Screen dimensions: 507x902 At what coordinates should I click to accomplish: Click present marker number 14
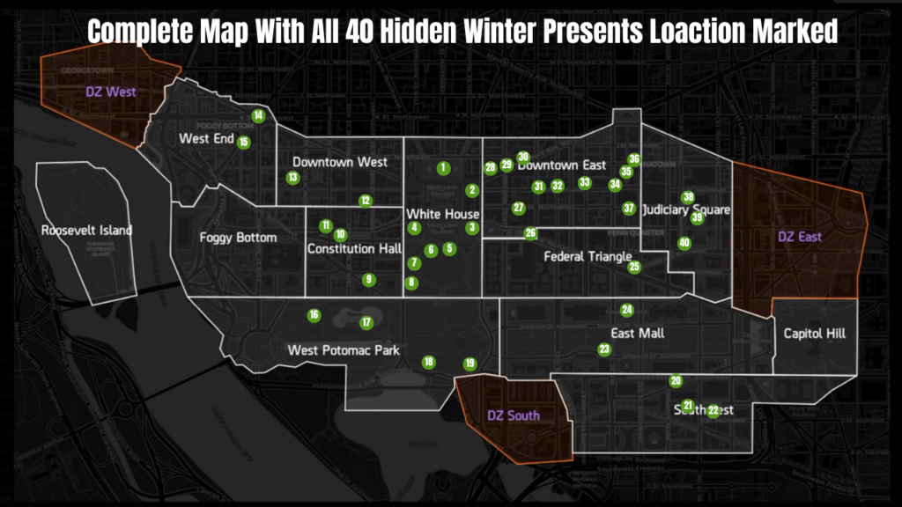coord(258,115)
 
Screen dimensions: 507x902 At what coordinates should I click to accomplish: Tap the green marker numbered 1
coord(443,167)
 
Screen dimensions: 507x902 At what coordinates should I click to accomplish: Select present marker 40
coord(684,243)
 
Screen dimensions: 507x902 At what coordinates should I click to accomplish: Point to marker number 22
coord(713,411)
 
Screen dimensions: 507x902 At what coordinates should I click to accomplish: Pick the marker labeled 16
coord(314,315)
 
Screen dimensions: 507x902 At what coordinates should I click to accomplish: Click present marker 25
coord(634,267)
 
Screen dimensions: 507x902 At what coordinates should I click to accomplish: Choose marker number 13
coord(292,178)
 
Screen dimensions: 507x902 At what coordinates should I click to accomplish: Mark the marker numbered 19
coord(469,364)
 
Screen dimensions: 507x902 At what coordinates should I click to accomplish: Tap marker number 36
coord(634,159)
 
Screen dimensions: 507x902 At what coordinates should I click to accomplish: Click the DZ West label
coord(112,92)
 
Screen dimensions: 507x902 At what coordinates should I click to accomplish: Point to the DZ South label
coord(514,415)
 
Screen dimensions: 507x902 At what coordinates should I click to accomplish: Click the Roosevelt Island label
coord(86,231)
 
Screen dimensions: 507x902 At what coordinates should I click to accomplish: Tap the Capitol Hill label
coord(815,334)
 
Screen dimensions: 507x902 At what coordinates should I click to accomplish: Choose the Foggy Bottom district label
coord(238,238)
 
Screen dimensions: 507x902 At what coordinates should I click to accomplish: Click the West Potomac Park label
coord(344,350)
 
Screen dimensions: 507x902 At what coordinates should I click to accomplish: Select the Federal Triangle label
coord(588,257)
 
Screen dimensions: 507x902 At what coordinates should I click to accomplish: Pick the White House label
coord(442,214)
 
